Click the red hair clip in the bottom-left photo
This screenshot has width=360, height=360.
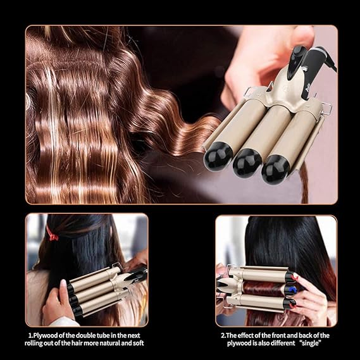click(52, 235)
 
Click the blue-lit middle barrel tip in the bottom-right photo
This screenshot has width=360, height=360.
click(289, 289)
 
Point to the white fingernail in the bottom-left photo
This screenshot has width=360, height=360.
click(63, 283)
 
